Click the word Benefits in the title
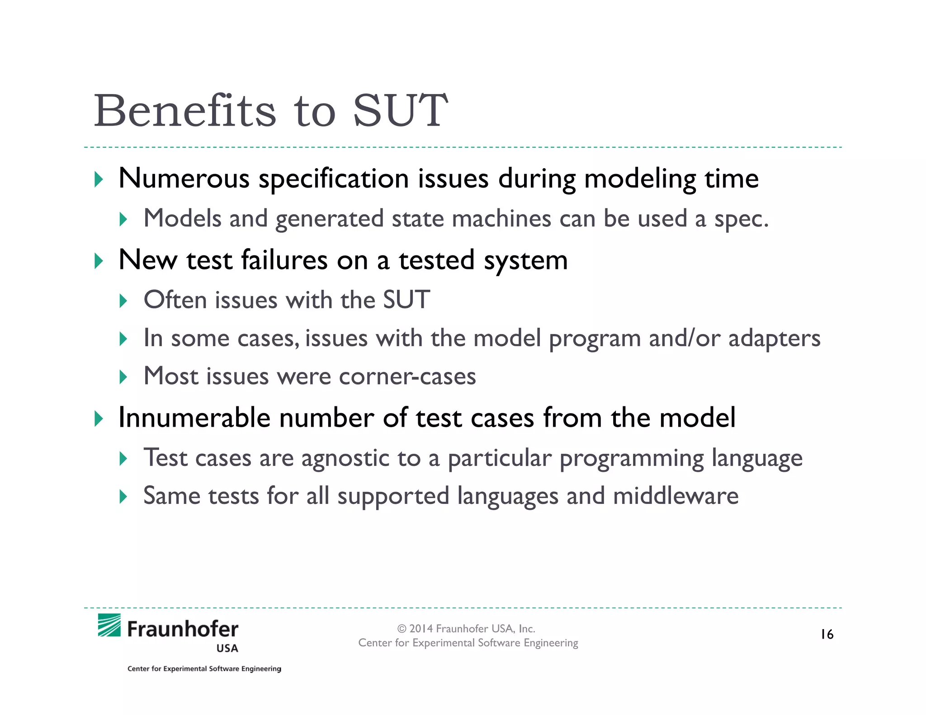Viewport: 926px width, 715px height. point(184,111)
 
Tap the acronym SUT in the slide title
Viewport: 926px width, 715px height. point(400,111)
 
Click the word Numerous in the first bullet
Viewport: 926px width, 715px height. point(184,178)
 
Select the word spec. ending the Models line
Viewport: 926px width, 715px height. point(741,220)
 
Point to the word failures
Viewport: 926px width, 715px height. point(284,260)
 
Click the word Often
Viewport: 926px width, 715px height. point(175,300)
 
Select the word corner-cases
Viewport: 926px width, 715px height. point(407,376)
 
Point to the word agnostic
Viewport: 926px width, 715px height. point(345,459)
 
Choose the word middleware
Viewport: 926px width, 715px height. point(676,496)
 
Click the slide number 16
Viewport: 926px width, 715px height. point(827,635)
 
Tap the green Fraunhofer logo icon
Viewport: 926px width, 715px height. point(109,626)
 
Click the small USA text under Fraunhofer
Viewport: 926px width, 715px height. point(227,649)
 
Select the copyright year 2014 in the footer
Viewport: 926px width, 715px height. point(420,629)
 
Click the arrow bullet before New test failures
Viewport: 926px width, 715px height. point(99,261)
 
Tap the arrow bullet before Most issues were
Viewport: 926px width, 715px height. point(123,376)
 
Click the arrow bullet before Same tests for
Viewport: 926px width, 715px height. point(123,497)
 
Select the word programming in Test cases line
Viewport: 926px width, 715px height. point(631,459)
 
